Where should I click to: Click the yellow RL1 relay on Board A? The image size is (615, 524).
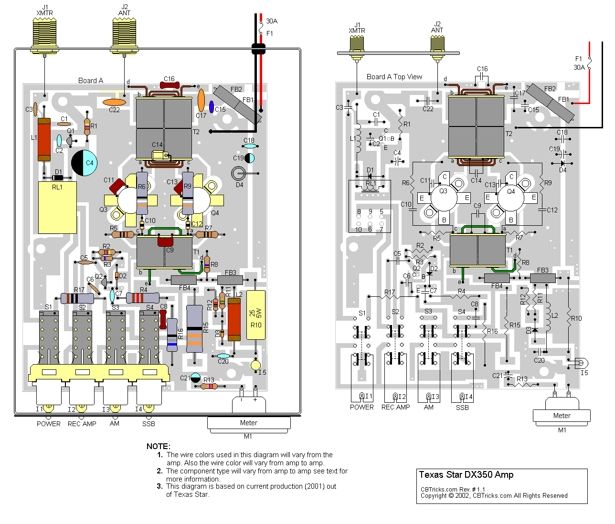coord(57,208)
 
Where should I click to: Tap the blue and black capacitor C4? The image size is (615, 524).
coord(85,163)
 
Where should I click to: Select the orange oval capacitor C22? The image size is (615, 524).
coord(115,102)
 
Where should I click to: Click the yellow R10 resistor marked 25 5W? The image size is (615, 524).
coord(255,314)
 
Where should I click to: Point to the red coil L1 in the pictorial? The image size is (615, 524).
coord(44,139)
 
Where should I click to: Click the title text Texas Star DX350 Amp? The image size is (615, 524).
coord(466,475)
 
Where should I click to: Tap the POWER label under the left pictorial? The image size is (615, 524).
coord(49,424)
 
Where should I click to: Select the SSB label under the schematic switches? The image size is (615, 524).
coord(462,408)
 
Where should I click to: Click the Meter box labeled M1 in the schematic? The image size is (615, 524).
coord(562,416)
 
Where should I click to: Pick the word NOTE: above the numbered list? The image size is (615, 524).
coord(158,446)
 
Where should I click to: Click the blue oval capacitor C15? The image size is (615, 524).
coord(212,106)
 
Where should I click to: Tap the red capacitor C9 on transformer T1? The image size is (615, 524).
coord(165,241)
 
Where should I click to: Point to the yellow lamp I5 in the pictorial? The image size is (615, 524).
coord(256,365)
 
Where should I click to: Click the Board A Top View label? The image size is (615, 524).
coord(394,77)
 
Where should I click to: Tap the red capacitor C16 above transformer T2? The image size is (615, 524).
coord(170,85)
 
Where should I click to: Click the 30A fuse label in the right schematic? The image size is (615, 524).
coord(579,67)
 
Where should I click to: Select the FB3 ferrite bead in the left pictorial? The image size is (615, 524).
coord(230,280)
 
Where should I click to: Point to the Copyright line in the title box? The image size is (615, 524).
coord(494,496)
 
